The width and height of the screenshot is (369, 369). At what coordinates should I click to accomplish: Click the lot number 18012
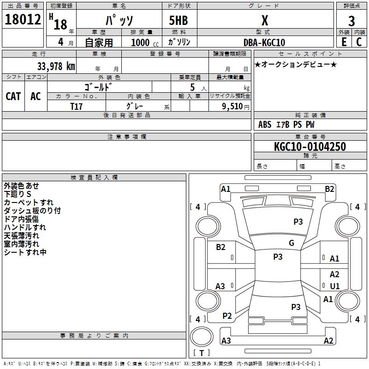click(x=23, y=19)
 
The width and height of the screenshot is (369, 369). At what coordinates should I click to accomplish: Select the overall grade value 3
click(x=351, y=21)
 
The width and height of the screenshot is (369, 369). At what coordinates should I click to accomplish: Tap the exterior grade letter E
click(x=344, y=42)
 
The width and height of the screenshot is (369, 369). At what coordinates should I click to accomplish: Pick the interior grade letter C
click(x=359, y=42)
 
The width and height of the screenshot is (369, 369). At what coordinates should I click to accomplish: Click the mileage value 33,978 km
click(x=56, y=66)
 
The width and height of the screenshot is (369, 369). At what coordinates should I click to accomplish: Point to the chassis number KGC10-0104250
click(x=310, y=147)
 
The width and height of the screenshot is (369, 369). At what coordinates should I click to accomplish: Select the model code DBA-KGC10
click(x=264, y=42)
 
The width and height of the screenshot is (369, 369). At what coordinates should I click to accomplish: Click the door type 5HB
click(x=179, y=20)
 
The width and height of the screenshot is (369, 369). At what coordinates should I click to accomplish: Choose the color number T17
click(x=76, y=107)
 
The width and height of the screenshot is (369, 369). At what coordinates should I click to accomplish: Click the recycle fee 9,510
click(x=232, y=107)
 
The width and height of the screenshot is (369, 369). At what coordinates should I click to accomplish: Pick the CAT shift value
click(x=13, y=96)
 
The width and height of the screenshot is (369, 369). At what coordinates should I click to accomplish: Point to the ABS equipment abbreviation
click(x=265, y=125)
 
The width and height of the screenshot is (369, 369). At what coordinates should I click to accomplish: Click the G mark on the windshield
click(x=292, y=243)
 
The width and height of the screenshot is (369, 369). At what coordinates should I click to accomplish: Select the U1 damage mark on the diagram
click(x=335, y=286)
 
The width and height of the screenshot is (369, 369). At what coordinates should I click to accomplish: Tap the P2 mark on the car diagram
click(x=227, y=316)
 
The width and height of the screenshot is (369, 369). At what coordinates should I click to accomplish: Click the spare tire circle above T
click(x=202, y=337)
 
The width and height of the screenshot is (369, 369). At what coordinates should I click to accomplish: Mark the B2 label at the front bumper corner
click(x=329, y=189)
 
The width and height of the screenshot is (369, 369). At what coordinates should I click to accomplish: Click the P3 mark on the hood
click(x=298, y=222)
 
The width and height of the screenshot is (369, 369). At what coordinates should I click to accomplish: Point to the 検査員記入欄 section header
click(x=94, y=178)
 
